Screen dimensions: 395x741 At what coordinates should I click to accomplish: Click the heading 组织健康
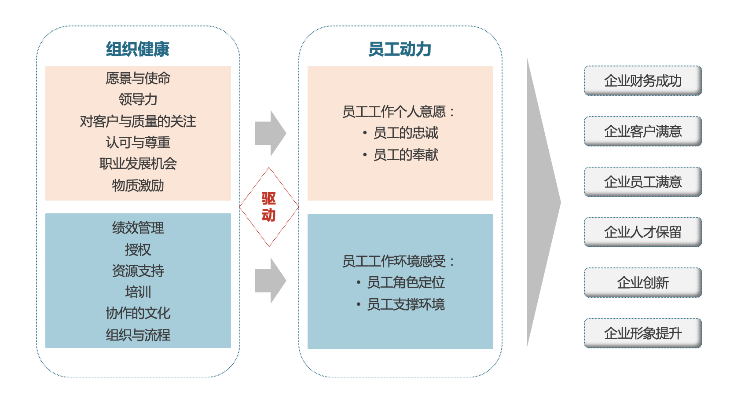click(x=138, y=49)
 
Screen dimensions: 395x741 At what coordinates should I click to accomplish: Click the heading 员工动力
click(x=400, y=49)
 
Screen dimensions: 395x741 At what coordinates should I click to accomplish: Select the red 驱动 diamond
click(x=269, y=207)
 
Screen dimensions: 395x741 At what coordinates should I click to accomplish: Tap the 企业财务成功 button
click(x=642, y=80)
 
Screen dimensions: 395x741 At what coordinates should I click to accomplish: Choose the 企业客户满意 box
click(x=642, y=131)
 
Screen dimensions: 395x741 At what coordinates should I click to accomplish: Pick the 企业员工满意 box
click(x=642, y=182)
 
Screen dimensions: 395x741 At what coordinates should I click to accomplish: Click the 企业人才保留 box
click(x=642, y=232)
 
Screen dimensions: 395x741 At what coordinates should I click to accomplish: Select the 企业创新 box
click(x=642, y=282)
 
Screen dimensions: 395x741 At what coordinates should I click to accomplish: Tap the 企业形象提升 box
click(x=642, y=333)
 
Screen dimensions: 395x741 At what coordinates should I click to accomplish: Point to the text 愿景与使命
click(x=138, y=78)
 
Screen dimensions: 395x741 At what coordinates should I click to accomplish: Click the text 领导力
click(x=138, y=99)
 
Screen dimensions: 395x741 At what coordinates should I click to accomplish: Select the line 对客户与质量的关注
click(x=138, y=121)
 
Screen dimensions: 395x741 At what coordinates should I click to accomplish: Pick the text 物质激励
click(x=138, y=185)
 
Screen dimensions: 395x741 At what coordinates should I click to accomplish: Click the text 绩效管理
click(x=138, y=228)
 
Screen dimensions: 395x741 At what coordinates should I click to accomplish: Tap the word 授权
click(x=138, y=249)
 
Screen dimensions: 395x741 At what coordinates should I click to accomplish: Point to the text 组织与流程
click(x=138, y=335)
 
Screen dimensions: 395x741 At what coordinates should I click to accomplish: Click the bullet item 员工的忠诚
click(x=405, y=133)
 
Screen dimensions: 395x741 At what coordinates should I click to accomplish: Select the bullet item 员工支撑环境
click(x=405, y=304)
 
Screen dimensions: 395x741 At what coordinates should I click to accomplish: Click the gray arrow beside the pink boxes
click(x=270, y=133)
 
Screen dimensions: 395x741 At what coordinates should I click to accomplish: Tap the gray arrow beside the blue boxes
click(x=270, y=281)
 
